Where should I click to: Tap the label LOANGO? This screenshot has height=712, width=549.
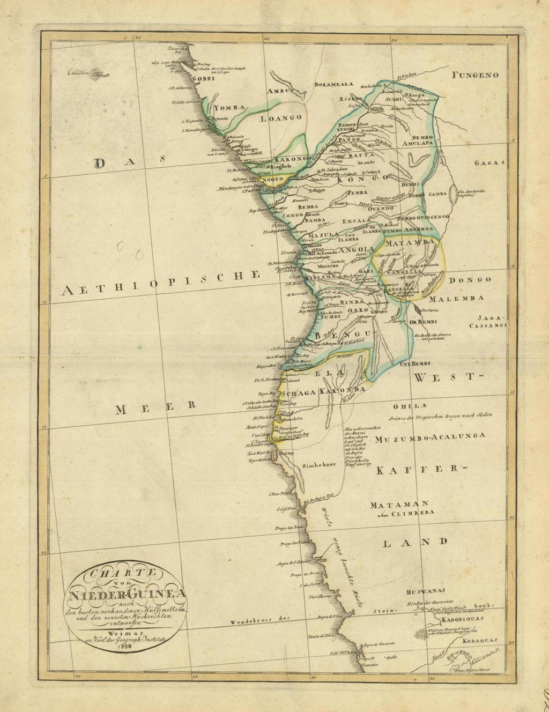coord(281,120)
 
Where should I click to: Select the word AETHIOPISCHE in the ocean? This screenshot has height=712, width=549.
coord(161,283)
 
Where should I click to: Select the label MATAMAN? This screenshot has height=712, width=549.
coord(397,504)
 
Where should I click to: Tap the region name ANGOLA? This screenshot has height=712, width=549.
coord(354,250)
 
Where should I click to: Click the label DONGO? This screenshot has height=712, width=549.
coord(470,280)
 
